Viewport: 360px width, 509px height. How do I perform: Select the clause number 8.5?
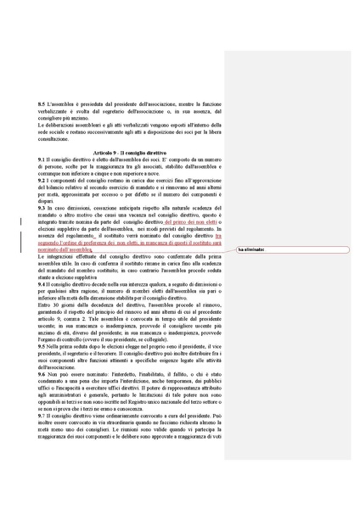(x=42, y=103)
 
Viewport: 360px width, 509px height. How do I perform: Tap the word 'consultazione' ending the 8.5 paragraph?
(x=55, y=138)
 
